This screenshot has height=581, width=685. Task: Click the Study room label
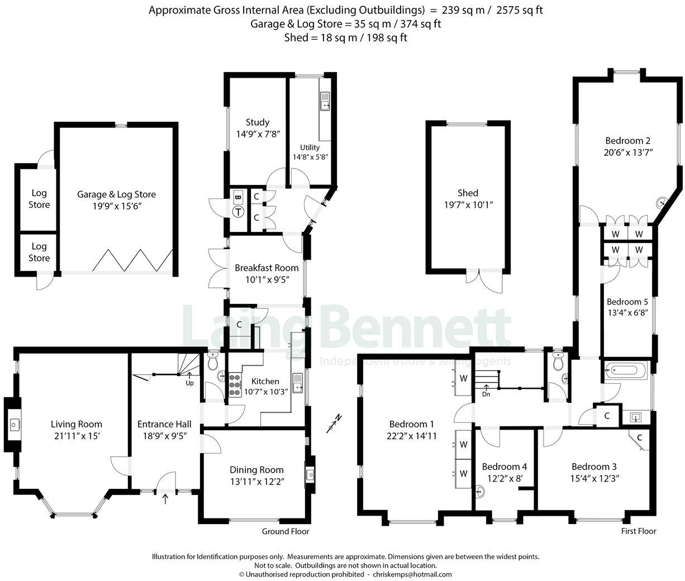coord(258,122)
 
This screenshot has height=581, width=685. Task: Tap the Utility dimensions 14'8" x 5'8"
coord(310,157)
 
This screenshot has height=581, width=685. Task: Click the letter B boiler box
coord(237,197)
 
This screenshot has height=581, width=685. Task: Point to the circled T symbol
coord(238,212)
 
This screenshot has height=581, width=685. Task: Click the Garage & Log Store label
coord(116,194)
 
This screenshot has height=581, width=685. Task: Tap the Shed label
coord(468,193)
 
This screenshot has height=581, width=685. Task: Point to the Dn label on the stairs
coord(486,394)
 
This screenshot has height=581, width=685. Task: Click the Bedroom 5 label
coord(627,302)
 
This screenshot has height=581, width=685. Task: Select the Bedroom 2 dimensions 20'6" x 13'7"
coord(628,152)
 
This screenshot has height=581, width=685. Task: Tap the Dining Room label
coord(256,470)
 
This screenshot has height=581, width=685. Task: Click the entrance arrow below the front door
coord(165,499)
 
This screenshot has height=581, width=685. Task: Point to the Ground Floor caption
coord(286,531)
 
